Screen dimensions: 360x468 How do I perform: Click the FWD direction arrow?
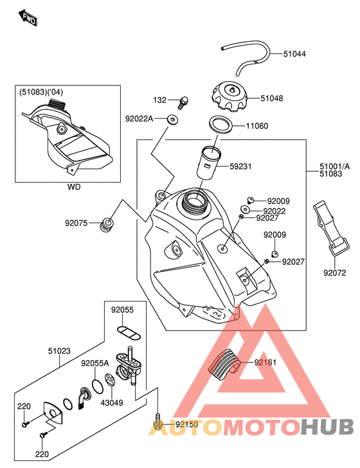[28, 18]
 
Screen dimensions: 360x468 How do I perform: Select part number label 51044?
[294, 54]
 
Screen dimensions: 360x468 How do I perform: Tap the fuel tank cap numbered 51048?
[230, 96]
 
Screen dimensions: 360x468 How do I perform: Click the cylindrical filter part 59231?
[208, 163]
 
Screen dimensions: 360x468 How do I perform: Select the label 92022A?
[139, 119]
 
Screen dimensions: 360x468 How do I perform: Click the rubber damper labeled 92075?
[107, 225]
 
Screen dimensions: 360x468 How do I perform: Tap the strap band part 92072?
[330, 227]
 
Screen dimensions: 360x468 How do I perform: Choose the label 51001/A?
[334, 166]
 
